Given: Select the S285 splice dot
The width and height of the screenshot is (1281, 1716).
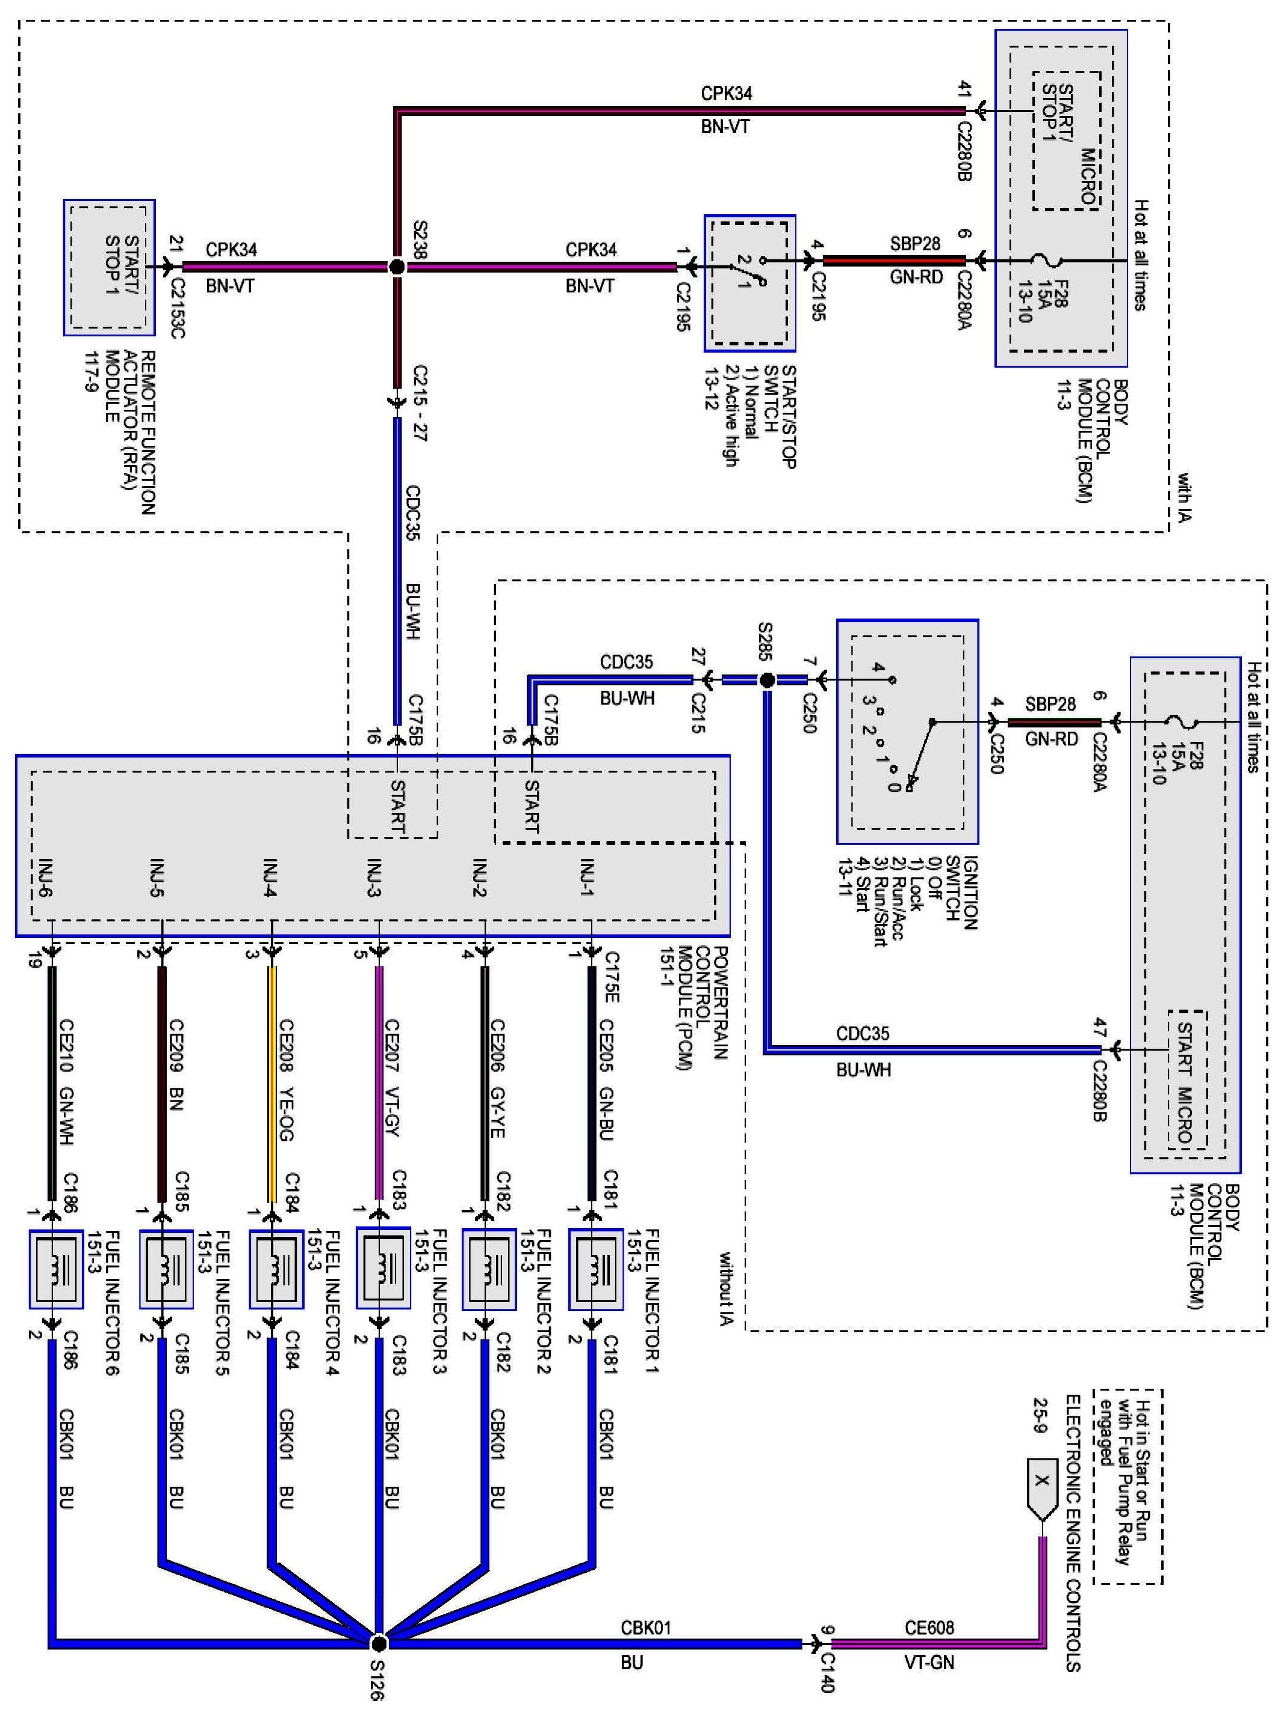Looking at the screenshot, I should click(766, 681).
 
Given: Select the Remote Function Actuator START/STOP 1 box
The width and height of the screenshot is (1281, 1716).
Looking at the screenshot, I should click(110, 267).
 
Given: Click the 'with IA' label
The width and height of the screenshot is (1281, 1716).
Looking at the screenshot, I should click(1183, 496).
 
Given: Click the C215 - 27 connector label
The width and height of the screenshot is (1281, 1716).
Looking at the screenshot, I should click(420, 403).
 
